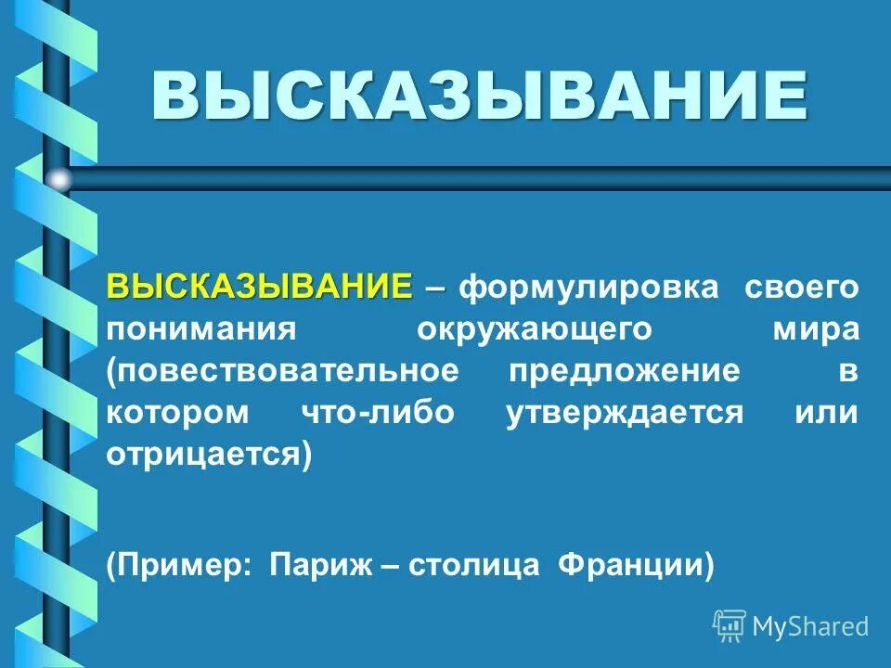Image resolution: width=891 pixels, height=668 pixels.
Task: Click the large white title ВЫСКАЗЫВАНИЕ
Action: (479, 95)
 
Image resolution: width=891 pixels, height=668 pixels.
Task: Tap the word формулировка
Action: (590, 288)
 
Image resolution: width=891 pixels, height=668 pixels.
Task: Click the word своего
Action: (802, 288)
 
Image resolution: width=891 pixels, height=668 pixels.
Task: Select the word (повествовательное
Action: (282, 372)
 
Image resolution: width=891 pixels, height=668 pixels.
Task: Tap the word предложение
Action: (625, 372)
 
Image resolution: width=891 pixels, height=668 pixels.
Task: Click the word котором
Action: (178, 414)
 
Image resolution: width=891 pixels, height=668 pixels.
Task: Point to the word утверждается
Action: (625, 414)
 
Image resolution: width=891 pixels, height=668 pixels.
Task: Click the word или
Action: (826, 414)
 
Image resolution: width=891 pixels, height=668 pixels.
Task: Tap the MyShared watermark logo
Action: (791, 626)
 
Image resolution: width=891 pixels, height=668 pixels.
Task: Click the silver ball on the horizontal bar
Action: (58, 179)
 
